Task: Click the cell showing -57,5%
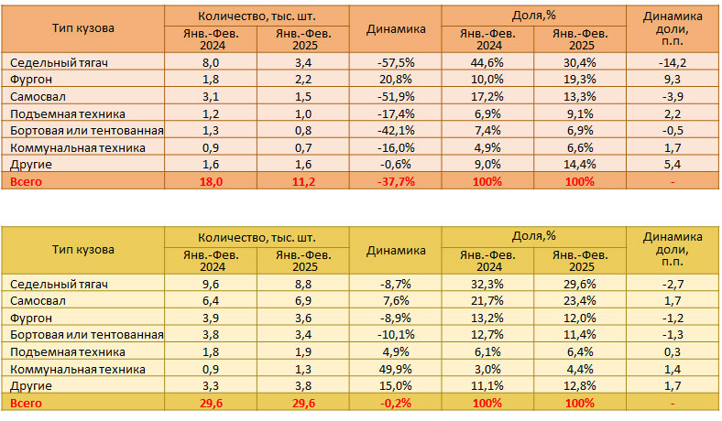396,63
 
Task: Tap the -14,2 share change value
673,63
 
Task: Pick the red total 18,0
211,181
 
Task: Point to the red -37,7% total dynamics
396,181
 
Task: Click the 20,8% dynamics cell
396,80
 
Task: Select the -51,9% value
396,97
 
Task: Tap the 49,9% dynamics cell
396,369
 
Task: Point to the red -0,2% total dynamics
396,403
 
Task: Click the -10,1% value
396,335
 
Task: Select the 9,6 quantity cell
211,285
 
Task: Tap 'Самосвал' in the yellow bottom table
38,301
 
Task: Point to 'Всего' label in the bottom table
26,403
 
